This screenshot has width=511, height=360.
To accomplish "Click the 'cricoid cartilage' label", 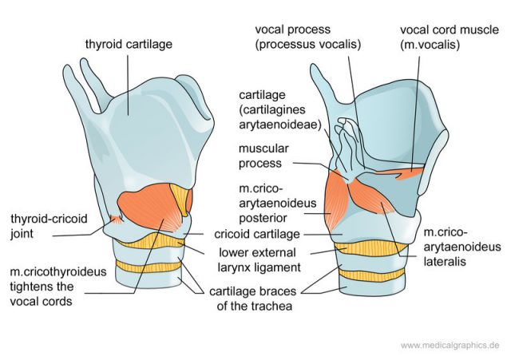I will tap(256, 235).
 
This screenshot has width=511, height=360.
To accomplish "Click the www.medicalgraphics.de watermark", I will tap(450, 346).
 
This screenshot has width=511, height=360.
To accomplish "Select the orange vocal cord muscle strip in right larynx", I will tap(399, 171).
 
